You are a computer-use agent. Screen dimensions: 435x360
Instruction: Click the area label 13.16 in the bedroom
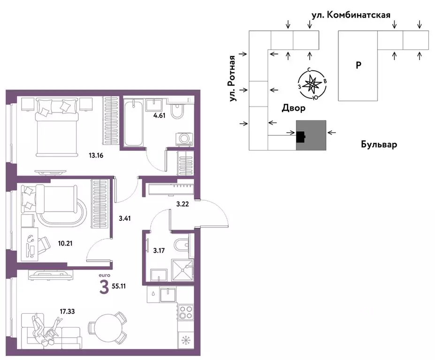click(x=96, y=156)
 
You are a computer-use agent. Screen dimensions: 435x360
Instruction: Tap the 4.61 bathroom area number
click(x=160, y=116)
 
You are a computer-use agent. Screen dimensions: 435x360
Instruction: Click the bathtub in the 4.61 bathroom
click(x=134, y=124)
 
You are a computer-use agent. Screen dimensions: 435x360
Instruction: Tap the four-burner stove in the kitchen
click(x=186, y=312)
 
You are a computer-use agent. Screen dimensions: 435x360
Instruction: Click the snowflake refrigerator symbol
click(x=184, y=340)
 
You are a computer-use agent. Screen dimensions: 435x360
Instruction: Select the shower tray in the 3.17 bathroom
click(x=182, y=270)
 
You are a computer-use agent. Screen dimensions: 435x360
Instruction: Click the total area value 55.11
click(x=119, y=286)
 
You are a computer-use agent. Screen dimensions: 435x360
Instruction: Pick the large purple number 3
click(x=104, y=287)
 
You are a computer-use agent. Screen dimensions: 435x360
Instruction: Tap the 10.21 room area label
click(x=65, y=243)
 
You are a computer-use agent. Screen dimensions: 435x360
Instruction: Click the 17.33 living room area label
click(x=67, y=312)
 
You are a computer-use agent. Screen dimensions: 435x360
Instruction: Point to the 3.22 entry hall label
click(x=183, y=204)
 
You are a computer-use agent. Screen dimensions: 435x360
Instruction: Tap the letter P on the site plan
click(x=359, y=66)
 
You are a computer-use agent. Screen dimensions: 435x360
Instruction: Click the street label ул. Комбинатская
click(x=351, y=15)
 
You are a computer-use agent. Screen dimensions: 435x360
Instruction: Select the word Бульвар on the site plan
click(x=379, y=144)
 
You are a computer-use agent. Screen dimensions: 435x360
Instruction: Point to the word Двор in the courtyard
click(x=293, y=108)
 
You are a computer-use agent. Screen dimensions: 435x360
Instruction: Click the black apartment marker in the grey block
click(x=300, y=136)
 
